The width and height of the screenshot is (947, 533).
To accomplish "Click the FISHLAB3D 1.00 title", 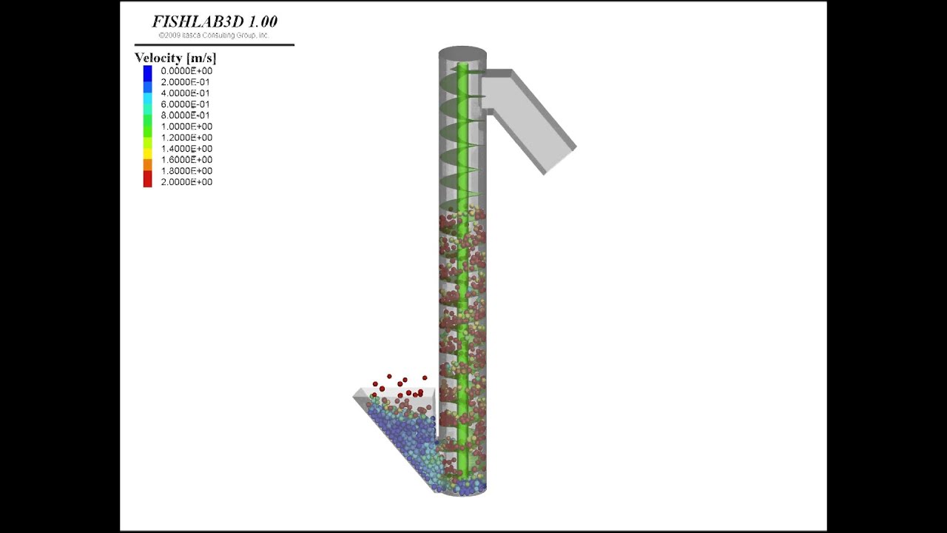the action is pyautogui.click(x=215, y=21).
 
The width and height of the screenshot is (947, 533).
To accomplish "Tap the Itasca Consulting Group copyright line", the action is pyautogui.click(x=213, y=35).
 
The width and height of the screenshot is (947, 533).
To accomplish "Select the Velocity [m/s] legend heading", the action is pyautogui.click(x=175, y=58).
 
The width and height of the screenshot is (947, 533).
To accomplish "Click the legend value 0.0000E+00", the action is pyautogui.click(x=186, y=71).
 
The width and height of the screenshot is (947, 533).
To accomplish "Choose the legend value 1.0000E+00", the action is pyautogui.click(x=186, y=127).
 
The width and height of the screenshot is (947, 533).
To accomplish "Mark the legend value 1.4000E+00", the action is pyautogui.click(x=186, y=149).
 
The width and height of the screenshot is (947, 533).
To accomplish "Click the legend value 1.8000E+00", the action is pyautogui.click(x=186, y=171).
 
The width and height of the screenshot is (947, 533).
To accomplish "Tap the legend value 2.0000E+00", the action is pyautogui.click(x=186, y=182).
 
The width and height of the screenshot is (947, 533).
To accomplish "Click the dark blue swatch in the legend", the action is pyautogui.click(x=148, y=71).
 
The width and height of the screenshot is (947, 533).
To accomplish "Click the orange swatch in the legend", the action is pyautogui.click(x=148, y=163).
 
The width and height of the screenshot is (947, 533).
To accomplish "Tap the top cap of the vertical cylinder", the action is pyautogui.click(x=462, y=53).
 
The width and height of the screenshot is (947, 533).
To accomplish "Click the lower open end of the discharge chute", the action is pyautogui.click(x=560, y=160).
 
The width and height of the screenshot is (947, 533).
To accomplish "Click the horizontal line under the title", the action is pyautogui.click(x=215, y=45).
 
